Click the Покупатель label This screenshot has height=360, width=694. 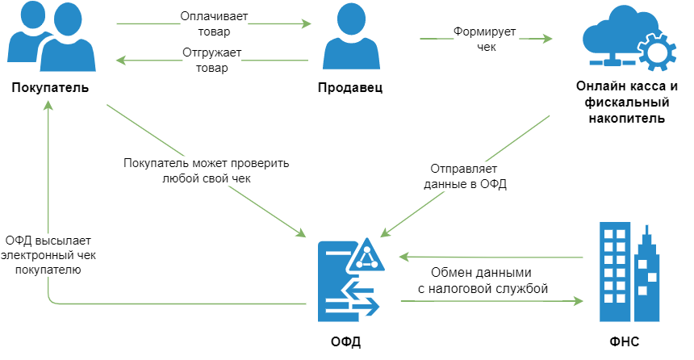tap(49, 87)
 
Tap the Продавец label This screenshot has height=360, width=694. tap(350, 87)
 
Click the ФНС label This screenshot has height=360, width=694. tap(625, 341)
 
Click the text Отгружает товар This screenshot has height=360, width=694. tap(212, 61)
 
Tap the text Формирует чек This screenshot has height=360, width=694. tap(484, 40)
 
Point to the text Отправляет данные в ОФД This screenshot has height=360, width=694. tap(465, 177)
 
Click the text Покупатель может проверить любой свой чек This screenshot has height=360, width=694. tap(205, 171)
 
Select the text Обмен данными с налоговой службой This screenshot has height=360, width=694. tap(483, 280)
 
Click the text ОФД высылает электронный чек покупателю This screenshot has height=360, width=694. tap(48, 255)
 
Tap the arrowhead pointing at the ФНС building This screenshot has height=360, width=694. tap(578, 301)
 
